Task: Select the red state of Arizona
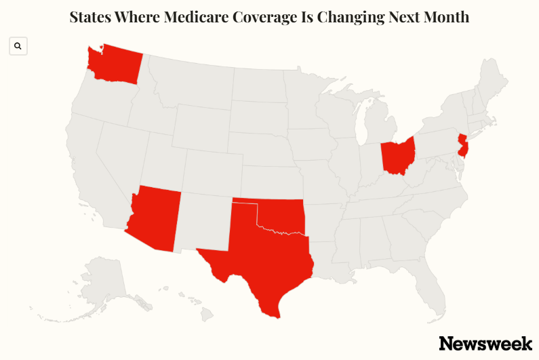pos(155,217)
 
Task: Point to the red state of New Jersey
pos(462,146)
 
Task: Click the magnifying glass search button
pos(18,46)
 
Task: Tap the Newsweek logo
pos(485,343)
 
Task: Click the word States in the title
pos(93,17)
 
